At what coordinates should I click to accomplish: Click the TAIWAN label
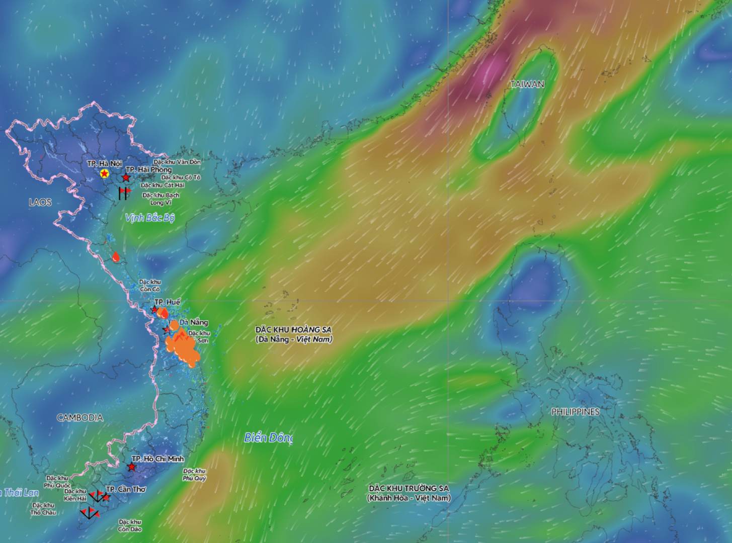[x=527, y=84]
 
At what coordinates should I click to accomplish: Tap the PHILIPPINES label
[x=575, y=412]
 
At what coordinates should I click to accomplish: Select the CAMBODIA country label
[x=79, y=417]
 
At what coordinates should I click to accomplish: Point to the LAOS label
[x=40, y=202]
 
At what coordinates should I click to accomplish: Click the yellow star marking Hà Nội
[x=104, y=173]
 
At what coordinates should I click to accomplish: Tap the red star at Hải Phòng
[x=126, y=178]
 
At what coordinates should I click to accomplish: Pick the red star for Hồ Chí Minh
[x=131, y=467]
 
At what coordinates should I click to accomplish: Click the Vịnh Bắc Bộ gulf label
[x=149, y=218]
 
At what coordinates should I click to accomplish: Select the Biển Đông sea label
[x=268, y=437]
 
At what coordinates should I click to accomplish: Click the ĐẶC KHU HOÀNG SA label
[x=293, y=334]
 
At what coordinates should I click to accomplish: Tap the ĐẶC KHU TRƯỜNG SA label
[x=409, y=493]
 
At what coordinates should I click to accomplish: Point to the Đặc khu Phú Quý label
[x=194, y=475]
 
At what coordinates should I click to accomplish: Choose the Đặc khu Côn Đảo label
[x=130, y=525]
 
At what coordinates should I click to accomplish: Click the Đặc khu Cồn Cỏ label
[x=149, y=286]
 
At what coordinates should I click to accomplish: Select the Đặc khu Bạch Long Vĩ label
[x=160, y=199]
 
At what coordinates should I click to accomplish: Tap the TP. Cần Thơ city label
[x=126, y=489]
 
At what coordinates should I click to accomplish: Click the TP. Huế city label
[x=167, y=302]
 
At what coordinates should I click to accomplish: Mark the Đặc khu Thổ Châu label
[x=43, y=509]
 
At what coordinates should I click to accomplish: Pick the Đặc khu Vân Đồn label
[x=177, y=162]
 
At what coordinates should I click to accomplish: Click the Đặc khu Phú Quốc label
[x=56, y=482]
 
